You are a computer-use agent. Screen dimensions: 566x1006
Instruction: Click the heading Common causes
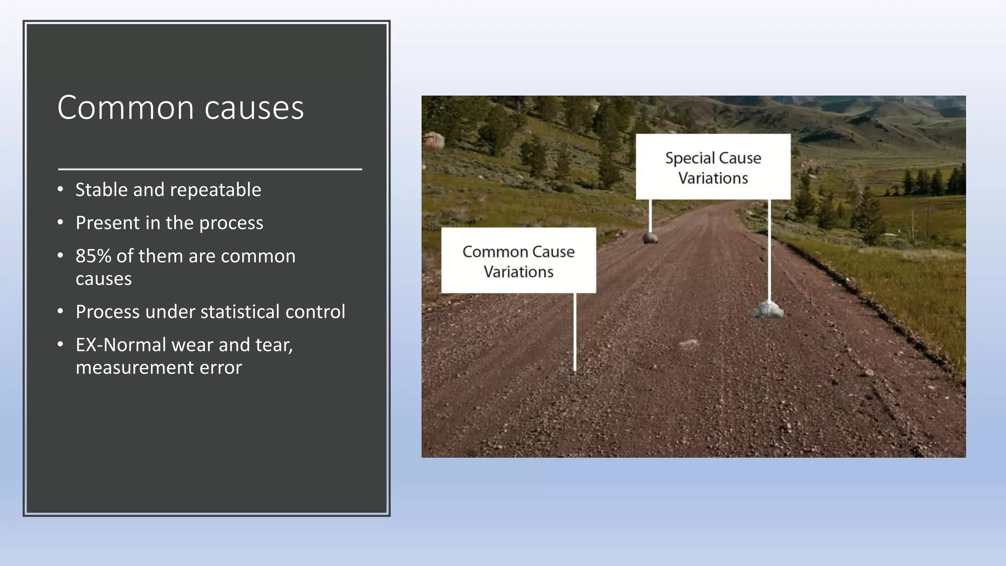(x=180, y=108)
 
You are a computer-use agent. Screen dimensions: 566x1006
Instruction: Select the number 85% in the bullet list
(x=93, y=256)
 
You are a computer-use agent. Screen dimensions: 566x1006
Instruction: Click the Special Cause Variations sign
(x=713, y=167)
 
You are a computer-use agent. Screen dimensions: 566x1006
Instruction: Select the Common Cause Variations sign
(x=518, y=261)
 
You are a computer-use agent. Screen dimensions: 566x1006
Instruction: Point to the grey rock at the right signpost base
(x=768, y=311)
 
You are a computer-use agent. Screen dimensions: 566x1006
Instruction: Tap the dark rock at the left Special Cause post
(x=650, y=238)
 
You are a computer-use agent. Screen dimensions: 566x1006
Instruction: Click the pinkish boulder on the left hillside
(x=434, y=140)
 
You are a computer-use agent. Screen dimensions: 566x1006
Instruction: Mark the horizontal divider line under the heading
(x=210, y=169)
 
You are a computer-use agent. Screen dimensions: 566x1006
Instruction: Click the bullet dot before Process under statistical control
(x=60, y=311)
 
